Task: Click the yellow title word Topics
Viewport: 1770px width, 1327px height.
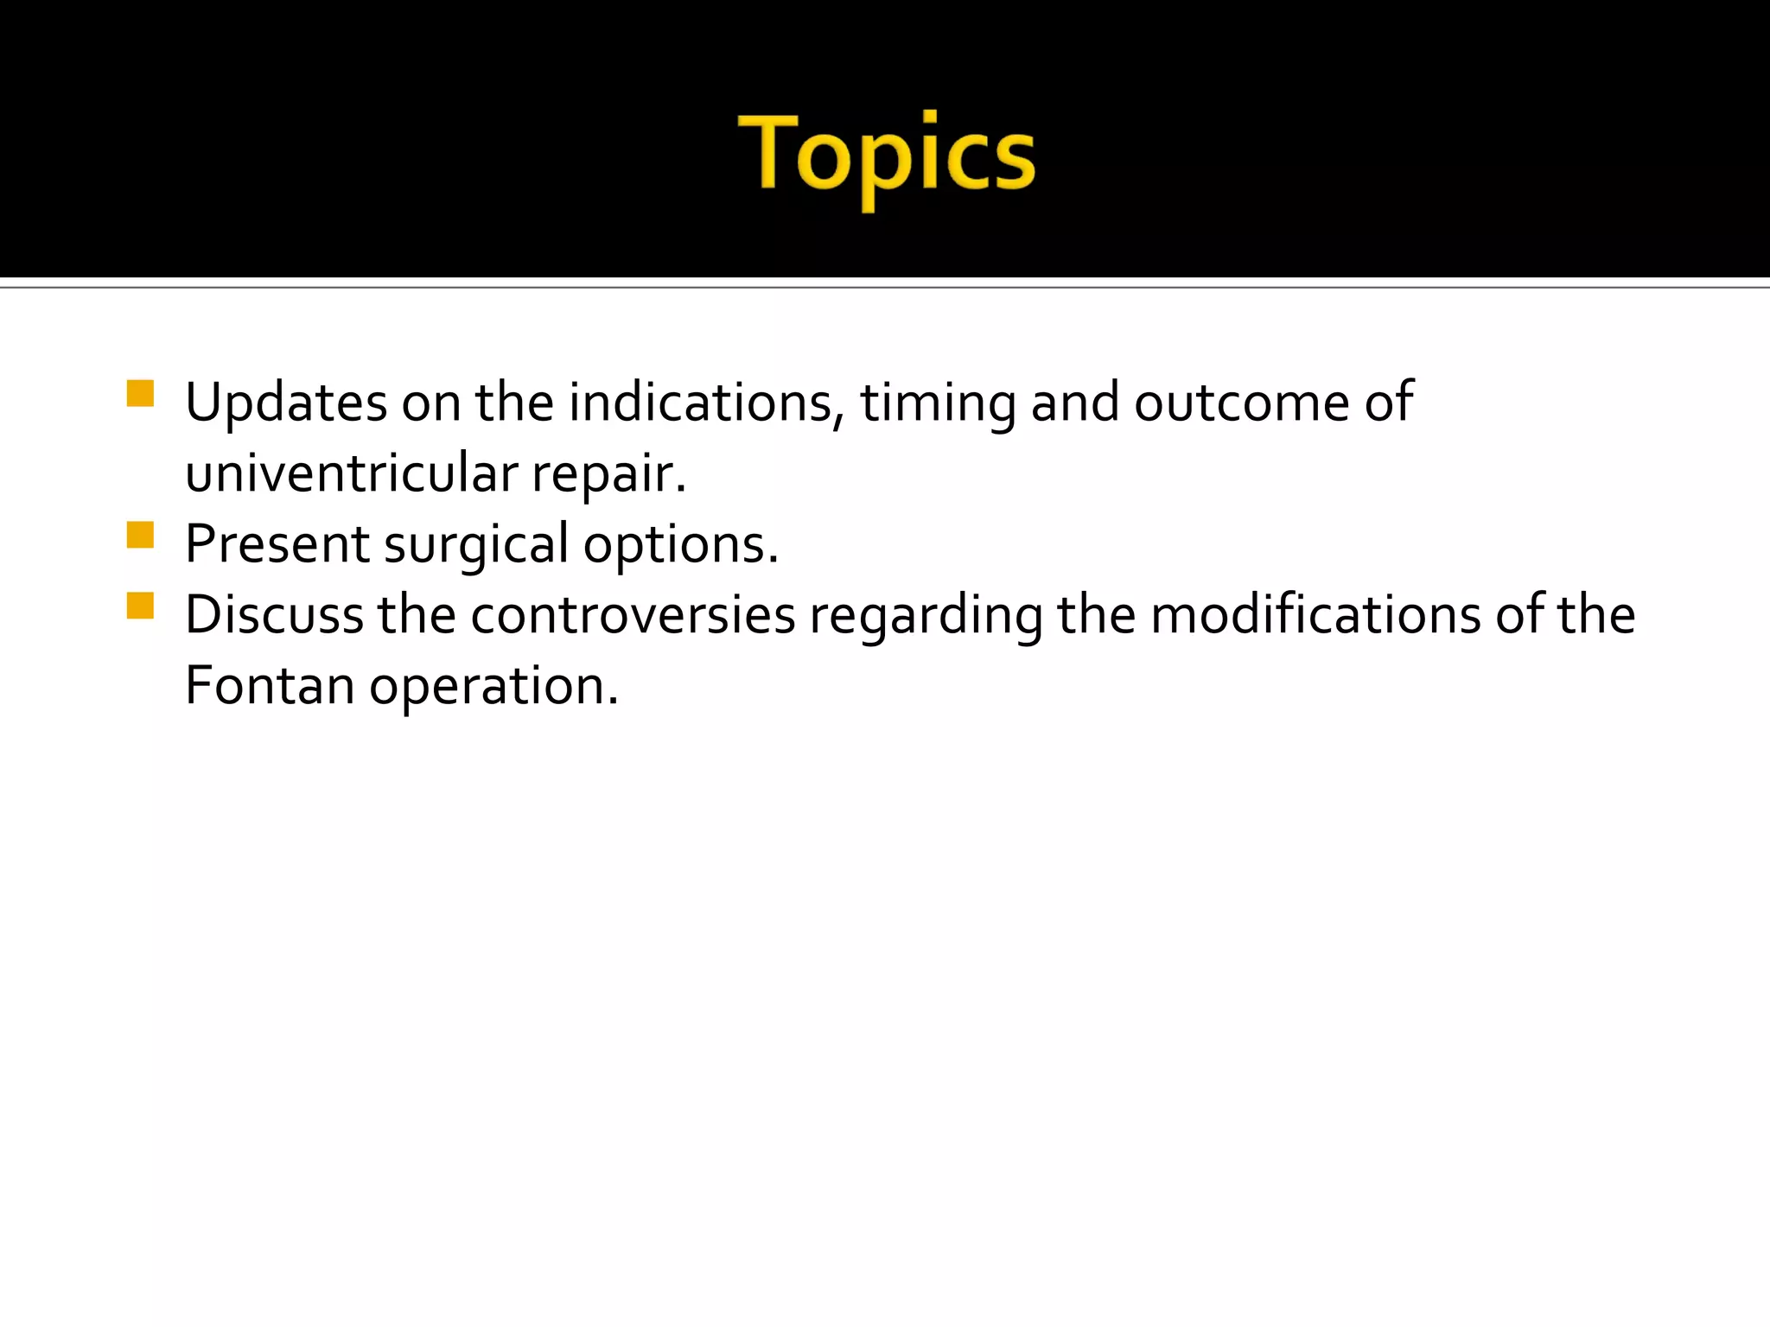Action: pos(886,156)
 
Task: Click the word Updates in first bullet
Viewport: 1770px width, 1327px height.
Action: pos(285,403)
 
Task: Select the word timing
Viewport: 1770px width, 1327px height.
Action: pos(938,403)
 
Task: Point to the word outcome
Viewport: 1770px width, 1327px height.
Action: pos(1241,403)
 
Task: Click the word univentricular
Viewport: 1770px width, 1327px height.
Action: pos(351,474)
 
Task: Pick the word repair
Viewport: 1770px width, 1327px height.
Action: pos(608,474)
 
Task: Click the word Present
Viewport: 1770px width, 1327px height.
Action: pos(277,545)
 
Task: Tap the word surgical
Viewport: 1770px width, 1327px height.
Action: pos(476,545)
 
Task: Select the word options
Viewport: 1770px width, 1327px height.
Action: pos(681,545)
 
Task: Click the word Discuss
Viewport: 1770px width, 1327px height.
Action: pos(274,616)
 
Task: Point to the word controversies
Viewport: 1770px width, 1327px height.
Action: pos(633,616)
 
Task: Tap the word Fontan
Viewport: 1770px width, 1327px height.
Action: pos(270,687)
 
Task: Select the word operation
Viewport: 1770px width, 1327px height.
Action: pos(494,687)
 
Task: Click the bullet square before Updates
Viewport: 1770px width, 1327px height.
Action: pos(140,393)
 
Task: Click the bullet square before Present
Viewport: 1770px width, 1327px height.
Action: pos(140,535)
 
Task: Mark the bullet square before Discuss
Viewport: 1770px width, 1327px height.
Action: pos(140,606)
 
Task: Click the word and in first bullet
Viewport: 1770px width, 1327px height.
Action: pos(1075,403)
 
